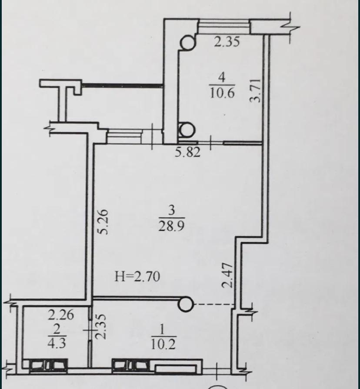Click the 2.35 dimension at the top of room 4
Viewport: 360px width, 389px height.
coord(227,42)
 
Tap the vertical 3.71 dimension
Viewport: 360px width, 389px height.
coord(255,90)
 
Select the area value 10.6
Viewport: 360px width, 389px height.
coord(222,93)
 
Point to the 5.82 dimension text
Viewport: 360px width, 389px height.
coord(187,152)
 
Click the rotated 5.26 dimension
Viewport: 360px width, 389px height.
coord(103,222)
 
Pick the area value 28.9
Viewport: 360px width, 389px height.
coord(171,226)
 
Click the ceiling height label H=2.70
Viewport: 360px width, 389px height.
coord(137,276)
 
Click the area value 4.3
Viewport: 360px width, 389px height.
coord(57,343)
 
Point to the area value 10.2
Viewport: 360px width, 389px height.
coord(163,344)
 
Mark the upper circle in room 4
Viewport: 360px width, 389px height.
coord(188,43)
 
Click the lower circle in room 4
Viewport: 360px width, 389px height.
coord(187,130)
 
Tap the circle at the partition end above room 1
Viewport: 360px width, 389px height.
coord(186,304)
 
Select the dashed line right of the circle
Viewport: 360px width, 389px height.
coord(214,304)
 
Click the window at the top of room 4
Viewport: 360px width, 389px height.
coord(224,27)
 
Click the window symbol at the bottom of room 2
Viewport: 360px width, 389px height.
coord(48,365)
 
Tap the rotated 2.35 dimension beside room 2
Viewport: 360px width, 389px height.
coord(101,327)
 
